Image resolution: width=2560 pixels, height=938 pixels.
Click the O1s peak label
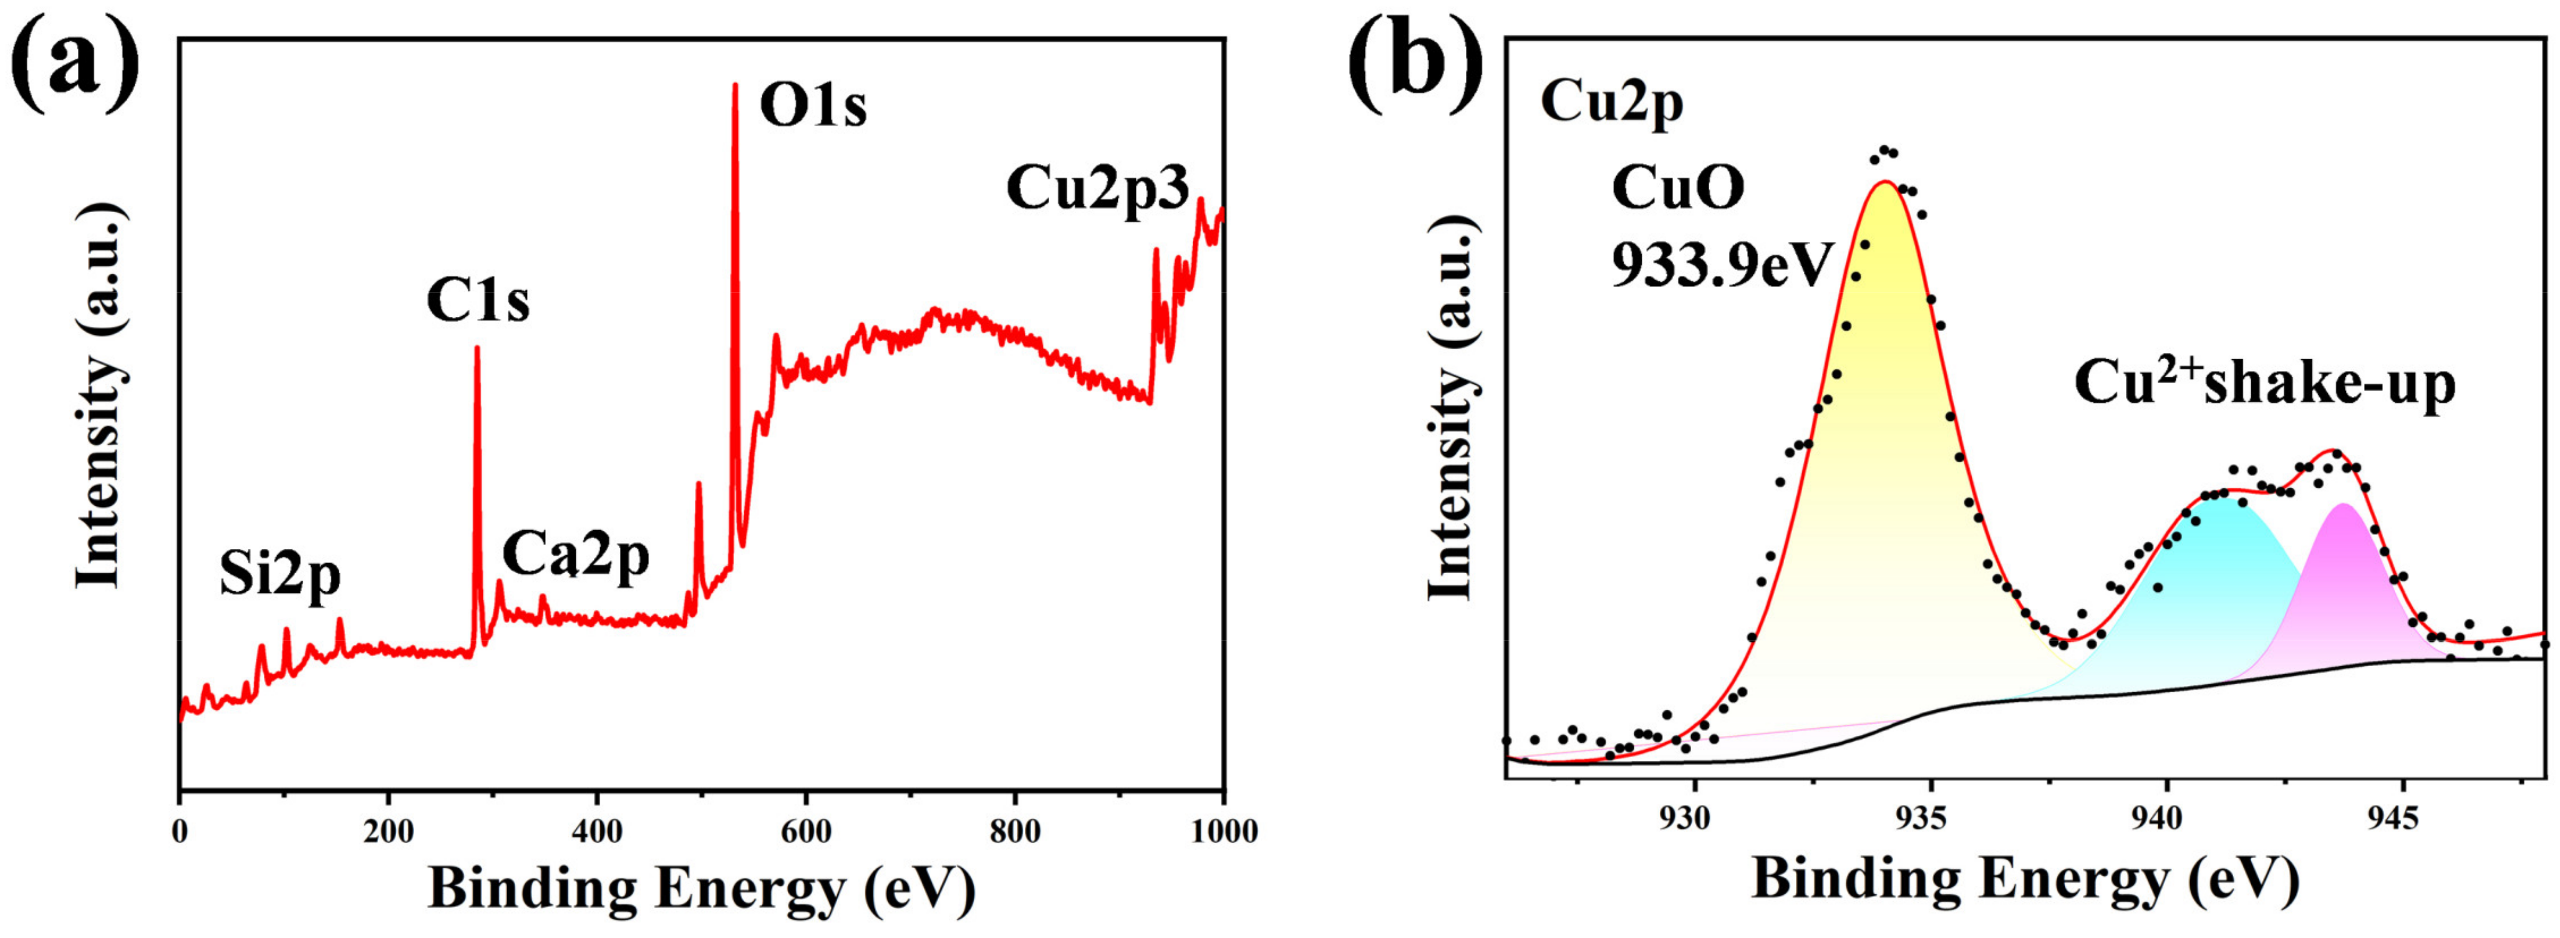[812, 107]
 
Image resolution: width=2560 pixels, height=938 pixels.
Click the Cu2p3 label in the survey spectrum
[1097, 189]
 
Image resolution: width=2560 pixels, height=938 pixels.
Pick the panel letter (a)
[74, 62]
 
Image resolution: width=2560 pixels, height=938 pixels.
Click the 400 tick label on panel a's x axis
[596, 831]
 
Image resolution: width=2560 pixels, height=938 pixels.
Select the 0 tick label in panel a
[180, 831]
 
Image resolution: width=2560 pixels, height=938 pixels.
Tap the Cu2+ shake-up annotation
[2264, 382]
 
